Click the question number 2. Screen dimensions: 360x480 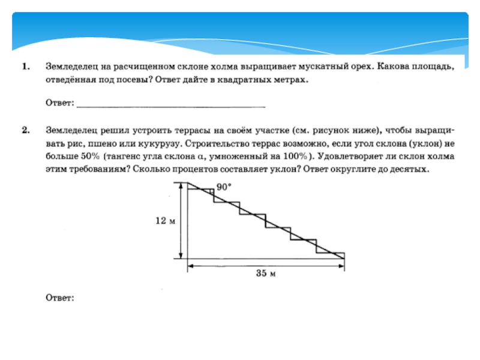click(x=26, y=130)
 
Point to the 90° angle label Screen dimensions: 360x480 click(x=224, y=187)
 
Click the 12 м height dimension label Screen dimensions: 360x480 click(x=164, y=221)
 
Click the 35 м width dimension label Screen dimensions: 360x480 click(x=265, y=274)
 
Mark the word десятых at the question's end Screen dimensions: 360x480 click(x=407, y=170)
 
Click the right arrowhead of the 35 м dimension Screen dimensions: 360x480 click(x=342, y=265)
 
